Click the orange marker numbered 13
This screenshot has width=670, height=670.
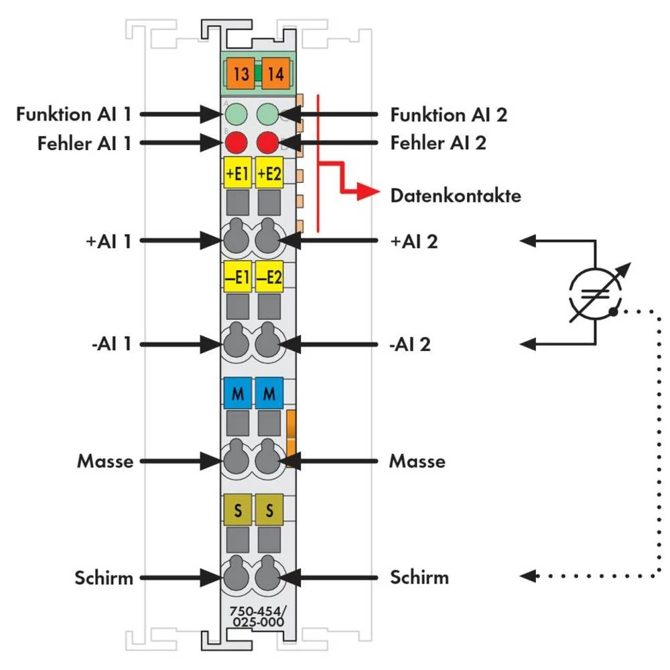click(242, 74)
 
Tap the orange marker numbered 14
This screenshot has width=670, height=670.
click(275, 74)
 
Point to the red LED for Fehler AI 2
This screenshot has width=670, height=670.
click(267, 143)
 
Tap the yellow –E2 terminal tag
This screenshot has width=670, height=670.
click(269, 277)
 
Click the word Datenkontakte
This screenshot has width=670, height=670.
click(456, 196)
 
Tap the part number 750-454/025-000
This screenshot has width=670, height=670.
click(257, 616)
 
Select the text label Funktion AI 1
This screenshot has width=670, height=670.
click(74, 115)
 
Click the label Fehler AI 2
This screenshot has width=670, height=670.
click(438, 143)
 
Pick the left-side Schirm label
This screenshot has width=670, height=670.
click(105, 577)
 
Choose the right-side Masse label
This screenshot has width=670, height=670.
click(417, 462)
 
